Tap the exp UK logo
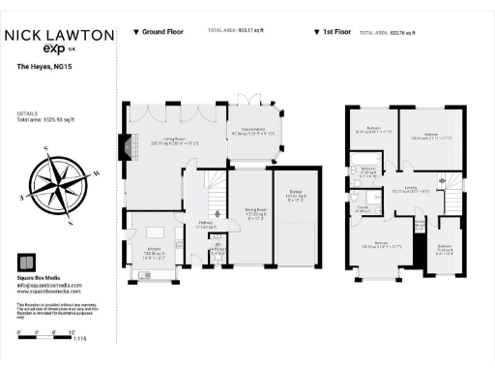click(59, 49)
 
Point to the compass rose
click(54, 182)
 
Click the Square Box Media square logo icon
click(26, 261)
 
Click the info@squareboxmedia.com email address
click(49, 283)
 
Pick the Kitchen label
click(155, 231)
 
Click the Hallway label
click(206, 224)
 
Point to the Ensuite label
click(365, 207)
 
